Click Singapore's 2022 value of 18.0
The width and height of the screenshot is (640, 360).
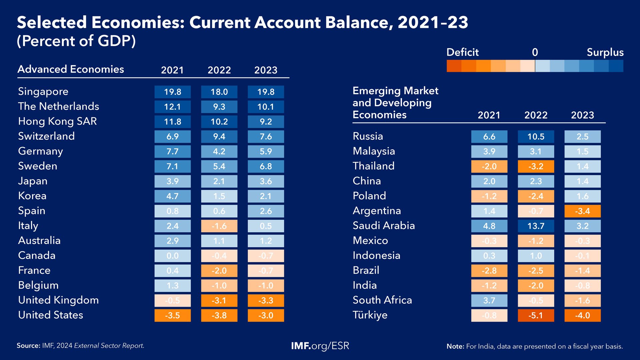tap(219, 92)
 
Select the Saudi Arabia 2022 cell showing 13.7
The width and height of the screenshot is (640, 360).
tap(536, 226)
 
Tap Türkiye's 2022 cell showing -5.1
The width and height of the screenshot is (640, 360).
tap(536, 315)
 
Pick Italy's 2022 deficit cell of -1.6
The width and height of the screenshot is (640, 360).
tap(219, 226)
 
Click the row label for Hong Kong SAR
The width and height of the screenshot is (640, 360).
tap(57, 121)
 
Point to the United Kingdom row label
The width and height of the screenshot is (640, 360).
tap(58, 300)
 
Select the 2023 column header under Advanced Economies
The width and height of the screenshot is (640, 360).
tap(266, 70)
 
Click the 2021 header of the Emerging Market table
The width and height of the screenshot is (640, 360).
tap(489, 115)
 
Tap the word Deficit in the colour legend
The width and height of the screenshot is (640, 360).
tap(462, 52)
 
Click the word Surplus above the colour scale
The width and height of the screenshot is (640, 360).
tap(605, 52)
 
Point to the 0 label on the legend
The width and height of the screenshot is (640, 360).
tap(535, 52)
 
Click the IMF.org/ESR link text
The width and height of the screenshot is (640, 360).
tap(320, 346)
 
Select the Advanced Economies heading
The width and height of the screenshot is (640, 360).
tap(71, 69)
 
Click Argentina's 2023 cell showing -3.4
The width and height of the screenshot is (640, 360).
tap(582, 211)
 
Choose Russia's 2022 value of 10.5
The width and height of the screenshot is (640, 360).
tap(536, 137)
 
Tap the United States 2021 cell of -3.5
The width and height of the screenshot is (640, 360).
tap(172, 315)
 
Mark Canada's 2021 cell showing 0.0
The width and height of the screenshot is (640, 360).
tap(172, 256)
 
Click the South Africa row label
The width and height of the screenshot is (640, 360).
tap(382, 300)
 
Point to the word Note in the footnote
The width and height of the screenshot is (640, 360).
tap(455, 346)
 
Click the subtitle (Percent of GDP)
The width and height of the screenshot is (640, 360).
tap(76, 41)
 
